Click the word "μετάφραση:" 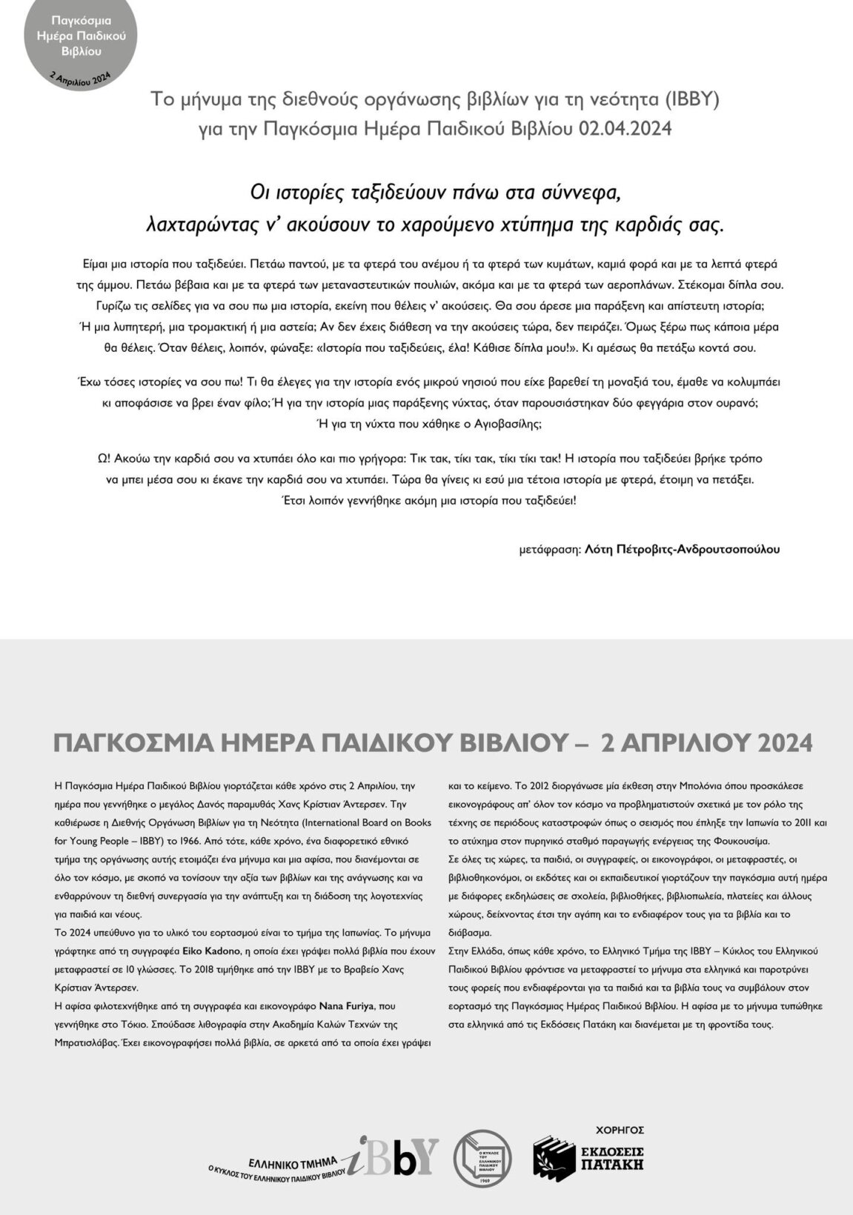pyautogui.click(x=550, y=550)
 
